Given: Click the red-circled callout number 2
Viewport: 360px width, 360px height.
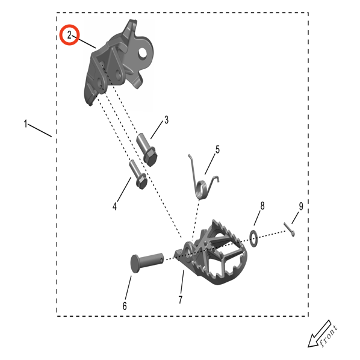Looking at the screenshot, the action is point(69,35).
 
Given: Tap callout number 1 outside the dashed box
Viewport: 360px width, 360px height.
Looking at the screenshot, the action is point(25,123).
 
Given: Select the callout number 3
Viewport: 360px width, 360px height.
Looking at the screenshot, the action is point(166,120).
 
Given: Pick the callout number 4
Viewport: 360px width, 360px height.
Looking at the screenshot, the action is point(114,206).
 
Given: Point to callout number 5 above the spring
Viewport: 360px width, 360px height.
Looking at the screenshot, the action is point(217,149).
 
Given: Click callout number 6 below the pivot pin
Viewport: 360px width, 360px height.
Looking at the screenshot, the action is point(125,306).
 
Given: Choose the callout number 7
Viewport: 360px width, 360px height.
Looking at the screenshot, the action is point(181,299).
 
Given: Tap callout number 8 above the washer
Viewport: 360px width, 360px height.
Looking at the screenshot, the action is point(262,206).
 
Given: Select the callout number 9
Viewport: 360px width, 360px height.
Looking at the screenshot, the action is point(301,206).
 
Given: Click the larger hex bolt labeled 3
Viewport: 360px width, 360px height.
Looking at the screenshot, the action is point(147,149).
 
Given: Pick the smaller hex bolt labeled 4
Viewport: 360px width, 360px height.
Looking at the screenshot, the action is point(138,175).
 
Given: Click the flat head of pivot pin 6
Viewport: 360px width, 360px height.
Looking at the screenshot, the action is point(135,264).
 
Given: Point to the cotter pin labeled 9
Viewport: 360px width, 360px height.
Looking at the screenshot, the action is point(289,229).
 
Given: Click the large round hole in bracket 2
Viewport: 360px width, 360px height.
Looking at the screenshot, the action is point(142,53).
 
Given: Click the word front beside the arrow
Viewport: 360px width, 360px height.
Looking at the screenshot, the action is point(329,335).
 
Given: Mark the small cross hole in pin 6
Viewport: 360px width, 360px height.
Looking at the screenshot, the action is point(161,259).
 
